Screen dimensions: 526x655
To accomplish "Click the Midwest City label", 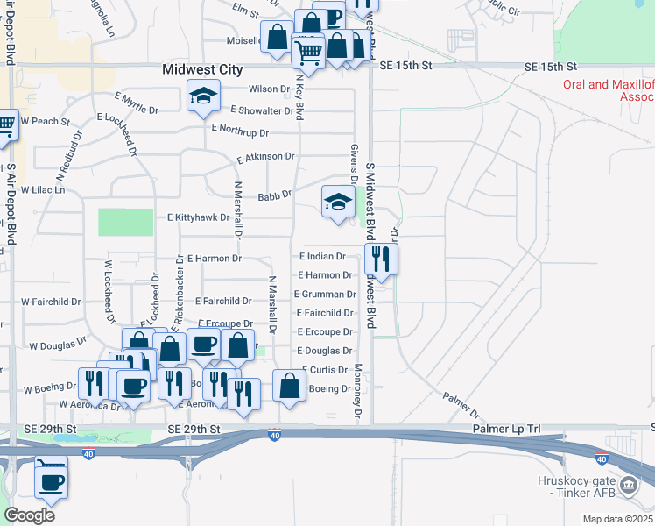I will click(204, 69).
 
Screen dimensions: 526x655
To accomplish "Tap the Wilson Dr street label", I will click(269, 89).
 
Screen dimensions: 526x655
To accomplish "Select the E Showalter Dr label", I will click(262, 110).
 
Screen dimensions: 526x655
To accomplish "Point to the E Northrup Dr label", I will click(241, 131).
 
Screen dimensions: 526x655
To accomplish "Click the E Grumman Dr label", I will click(325, 295).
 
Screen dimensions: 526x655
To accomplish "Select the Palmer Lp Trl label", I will click(507, 429).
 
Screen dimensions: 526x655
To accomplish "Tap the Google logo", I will click(29, 515).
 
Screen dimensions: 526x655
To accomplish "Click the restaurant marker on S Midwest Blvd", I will click(380, 258).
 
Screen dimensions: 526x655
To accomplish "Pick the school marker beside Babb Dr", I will click(338, 202).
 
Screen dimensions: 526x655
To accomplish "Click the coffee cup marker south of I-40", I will click(51, 479).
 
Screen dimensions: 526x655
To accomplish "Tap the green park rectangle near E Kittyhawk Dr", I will click(125, 222).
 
